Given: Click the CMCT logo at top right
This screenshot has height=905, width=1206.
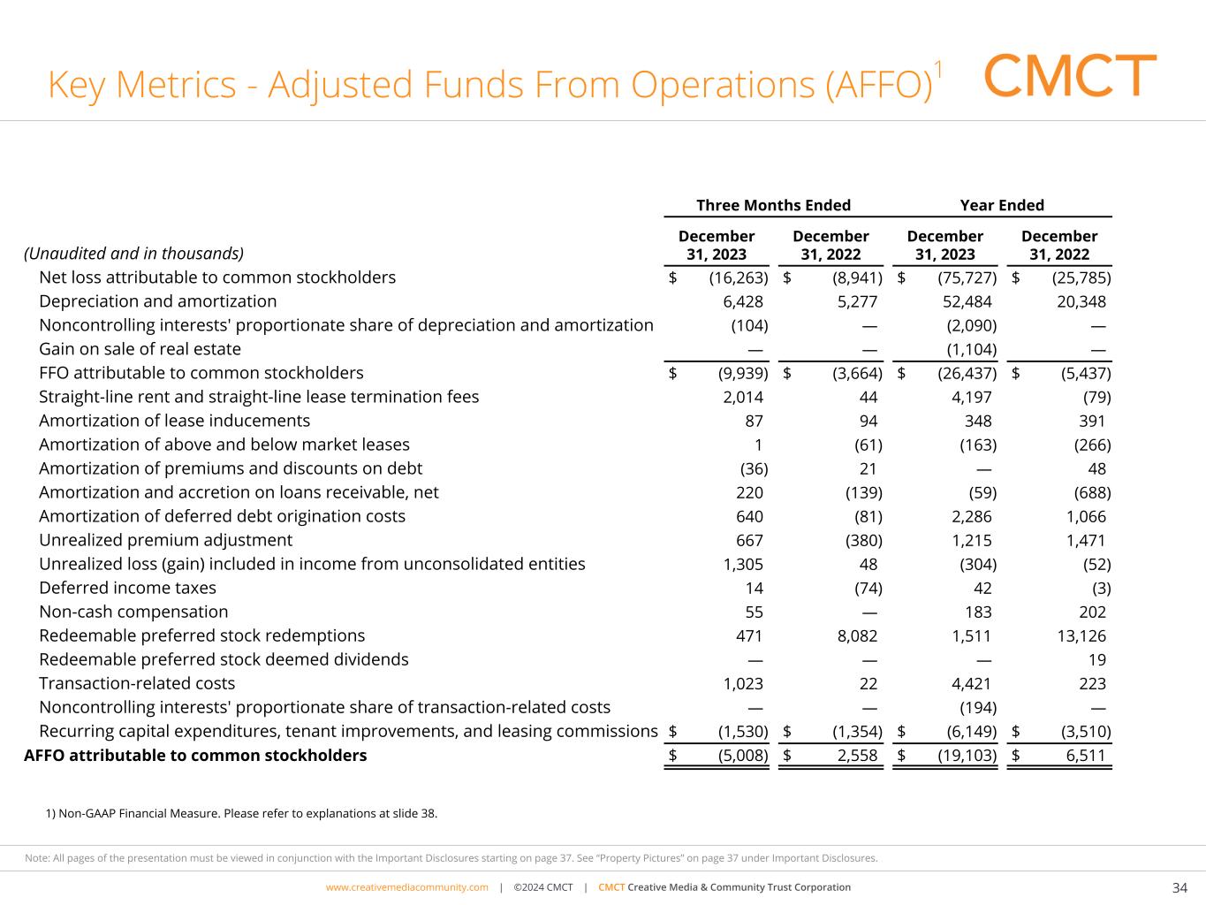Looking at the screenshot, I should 1070,76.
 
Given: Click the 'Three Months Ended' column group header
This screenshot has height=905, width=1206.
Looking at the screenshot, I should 773,205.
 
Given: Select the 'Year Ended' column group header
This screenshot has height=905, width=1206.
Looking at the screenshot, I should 1002,205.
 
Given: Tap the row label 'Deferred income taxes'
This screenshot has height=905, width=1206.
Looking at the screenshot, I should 127,588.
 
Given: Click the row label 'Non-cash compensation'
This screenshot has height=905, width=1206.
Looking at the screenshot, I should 133,612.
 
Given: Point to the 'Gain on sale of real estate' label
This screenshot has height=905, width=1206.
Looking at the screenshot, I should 140,349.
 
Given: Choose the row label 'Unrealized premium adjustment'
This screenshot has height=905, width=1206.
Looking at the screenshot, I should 165,540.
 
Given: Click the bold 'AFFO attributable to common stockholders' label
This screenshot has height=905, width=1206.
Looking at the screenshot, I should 195,756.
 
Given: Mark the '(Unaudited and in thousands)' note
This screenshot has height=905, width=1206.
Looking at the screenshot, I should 133,254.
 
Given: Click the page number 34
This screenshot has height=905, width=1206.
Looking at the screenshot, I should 1179,887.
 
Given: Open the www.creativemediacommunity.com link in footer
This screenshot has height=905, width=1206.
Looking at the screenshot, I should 406,887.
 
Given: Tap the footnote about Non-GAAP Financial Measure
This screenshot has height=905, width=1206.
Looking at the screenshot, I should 241,813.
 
